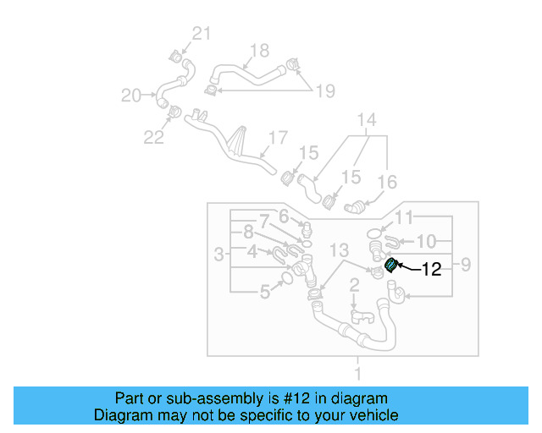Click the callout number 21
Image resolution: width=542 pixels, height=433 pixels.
(200, 34)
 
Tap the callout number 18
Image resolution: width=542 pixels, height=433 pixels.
(259, 50)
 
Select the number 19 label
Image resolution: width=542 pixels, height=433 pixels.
(325, 90)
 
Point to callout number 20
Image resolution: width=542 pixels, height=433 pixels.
(131, 96)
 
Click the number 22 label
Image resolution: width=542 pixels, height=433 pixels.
(153, 136)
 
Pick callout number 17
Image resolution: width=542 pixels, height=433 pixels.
(279, 137)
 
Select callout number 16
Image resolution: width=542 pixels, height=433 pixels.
(386, 182)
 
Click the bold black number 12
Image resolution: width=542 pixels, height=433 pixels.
(431, 270)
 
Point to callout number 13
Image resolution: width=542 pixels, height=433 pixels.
(339, 250)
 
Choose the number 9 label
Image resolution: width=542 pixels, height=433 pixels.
(464, 266)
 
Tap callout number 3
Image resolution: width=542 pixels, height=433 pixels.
(218, 254)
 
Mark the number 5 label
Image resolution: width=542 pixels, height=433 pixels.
(265, 293)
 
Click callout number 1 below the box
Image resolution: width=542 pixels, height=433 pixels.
(357, 373)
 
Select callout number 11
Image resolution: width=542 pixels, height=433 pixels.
(405, 216)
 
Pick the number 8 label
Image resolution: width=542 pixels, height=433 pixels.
(247, 230)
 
